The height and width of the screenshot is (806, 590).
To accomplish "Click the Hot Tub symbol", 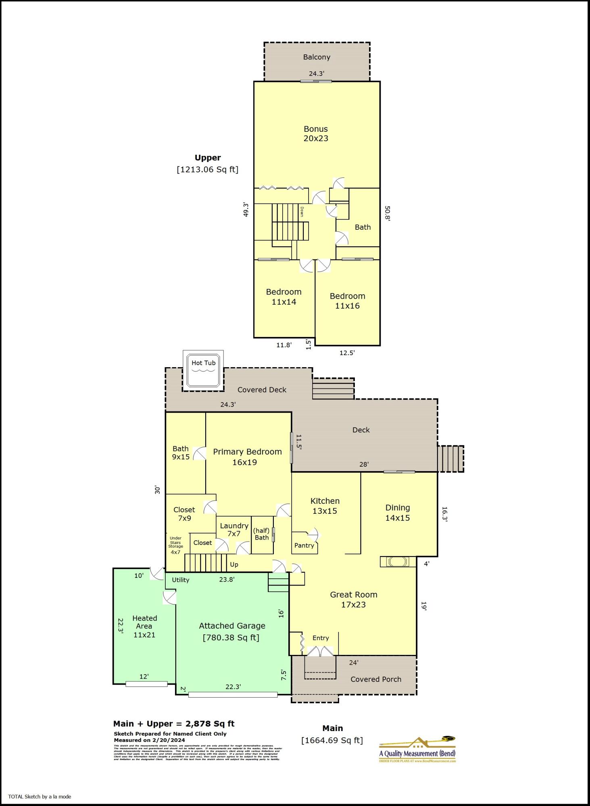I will (203, 371).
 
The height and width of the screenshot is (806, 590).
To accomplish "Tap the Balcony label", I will (317, 57).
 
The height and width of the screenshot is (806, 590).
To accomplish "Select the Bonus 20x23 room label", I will (316, 134).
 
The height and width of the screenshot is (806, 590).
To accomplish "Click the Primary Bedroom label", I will (247, 457).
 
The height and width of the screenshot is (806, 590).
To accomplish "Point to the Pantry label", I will (304, 545).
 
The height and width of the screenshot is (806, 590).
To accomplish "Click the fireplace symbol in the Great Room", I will (398, 562).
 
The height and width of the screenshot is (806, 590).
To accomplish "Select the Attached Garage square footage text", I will (231, 638).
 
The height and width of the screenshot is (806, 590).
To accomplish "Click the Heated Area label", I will (144, 626).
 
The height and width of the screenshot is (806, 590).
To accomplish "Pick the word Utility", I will (180, 580).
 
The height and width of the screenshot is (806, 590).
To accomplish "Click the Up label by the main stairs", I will (234, 565).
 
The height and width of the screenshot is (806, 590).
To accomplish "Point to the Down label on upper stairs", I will (302, 212).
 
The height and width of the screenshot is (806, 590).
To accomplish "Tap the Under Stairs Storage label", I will (175, 545).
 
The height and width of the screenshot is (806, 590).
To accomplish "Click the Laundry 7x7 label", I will (234, 530).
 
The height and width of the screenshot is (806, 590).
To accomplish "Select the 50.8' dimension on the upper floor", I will (387, 214).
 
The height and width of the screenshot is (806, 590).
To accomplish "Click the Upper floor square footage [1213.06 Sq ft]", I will (208, 170).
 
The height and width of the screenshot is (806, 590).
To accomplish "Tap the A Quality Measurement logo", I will (417, 750).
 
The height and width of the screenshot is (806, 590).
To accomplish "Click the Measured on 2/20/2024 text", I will (150, 740).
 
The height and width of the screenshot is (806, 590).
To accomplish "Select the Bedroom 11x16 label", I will (347, 301).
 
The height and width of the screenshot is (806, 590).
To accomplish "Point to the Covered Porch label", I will (375, 679).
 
